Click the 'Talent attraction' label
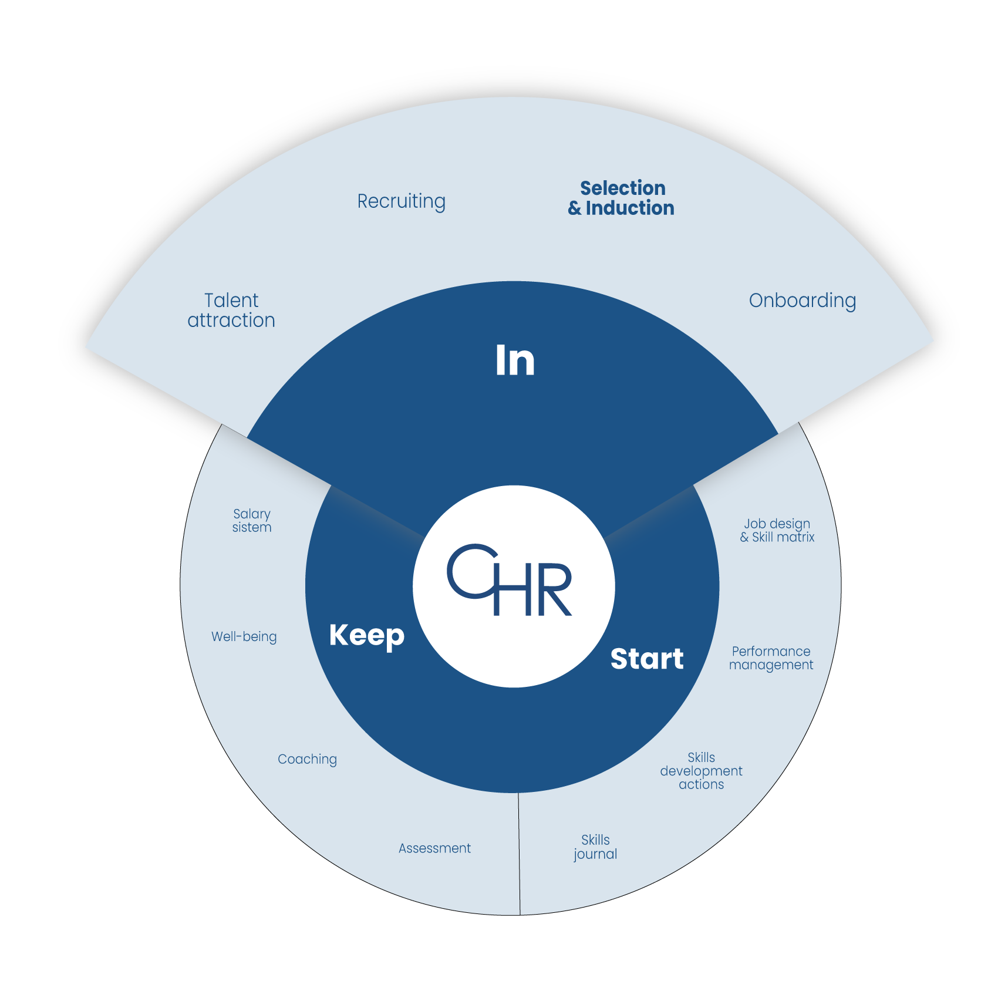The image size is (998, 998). coord(231,310)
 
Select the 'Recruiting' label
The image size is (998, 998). coord(402,201)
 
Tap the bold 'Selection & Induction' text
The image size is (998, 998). coord(622,198)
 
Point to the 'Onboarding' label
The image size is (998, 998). coord(802,301)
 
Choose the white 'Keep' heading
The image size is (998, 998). coord(367,636)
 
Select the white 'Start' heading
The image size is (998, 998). coord(647,659)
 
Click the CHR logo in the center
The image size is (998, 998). coord(510,581)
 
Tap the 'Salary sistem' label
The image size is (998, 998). coord(252,521)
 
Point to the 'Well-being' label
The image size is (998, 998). coord(244,636)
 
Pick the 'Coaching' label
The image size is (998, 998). coord(307,759)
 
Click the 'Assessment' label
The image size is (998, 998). coord(434,848)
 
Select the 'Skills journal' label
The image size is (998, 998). coord(595,847)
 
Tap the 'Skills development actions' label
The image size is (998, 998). coord(701,771)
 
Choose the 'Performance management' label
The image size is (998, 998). coord(771,658)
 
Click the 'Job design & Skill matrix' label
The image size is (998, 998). coord(777,530)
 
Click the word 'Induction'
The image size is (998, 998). coord(630,208)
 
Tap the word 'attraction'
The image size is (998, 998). coord(231,321)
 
